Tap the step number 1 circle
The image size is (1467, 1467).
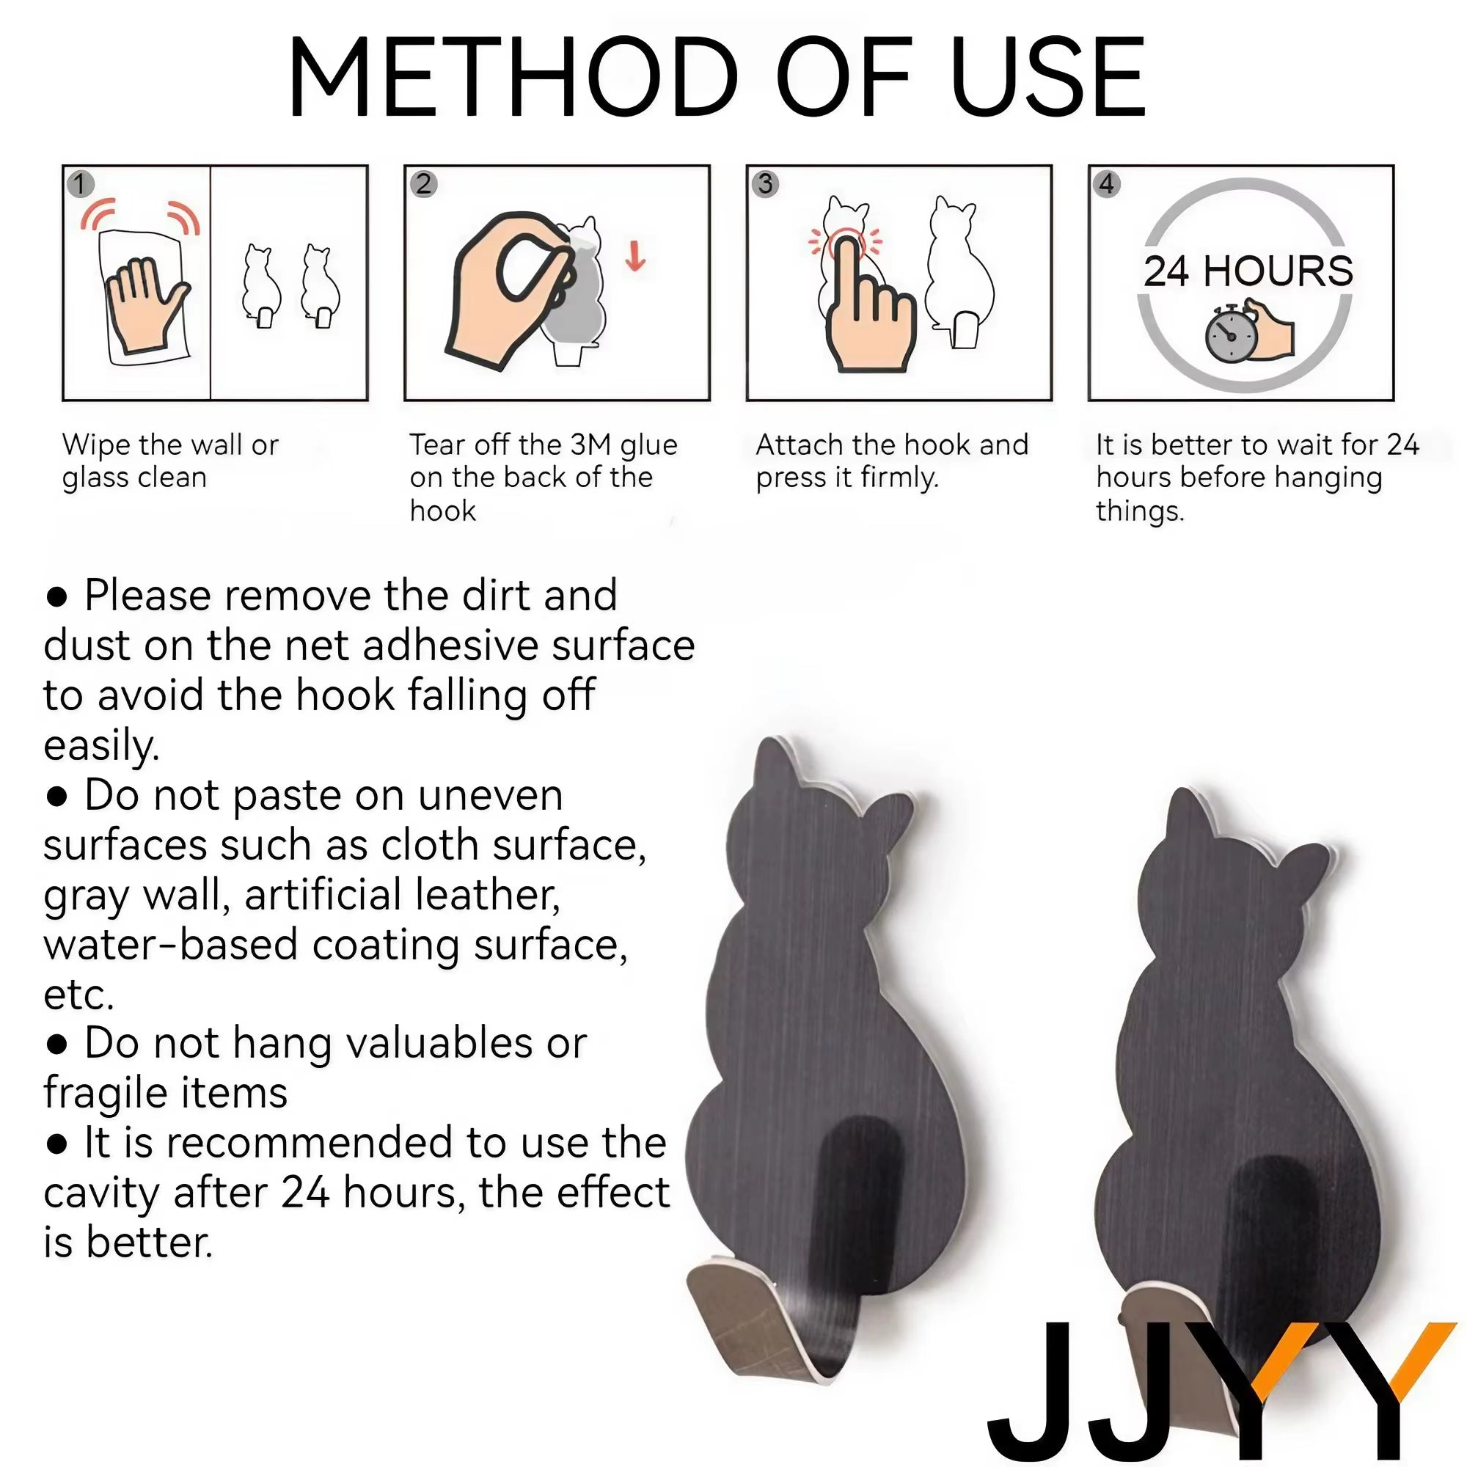coord(81,185)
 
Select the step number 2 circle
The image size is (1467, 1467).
coord(424,185)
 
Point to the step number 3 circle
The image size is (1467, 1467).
coord(765,185)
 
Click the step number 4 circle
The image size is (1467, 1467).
coord(1107,185)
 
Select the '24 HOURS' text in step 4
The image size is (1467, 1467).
coord(1248,271)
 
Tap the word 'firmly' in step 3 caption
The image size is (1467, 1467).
coord(899,478)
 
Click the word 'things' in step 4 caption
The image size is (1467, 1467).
coord(1139,512)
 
